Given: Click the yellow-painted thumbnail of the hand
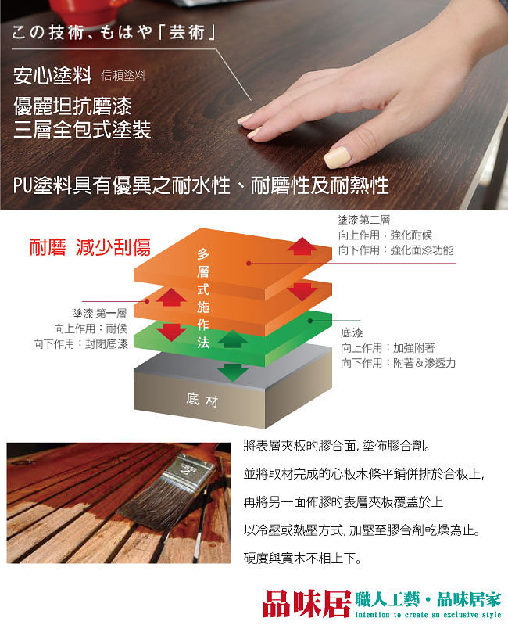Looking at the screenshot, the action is coord(337,157).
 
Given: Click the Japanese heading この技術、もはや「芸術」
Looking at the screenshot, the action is coord(113,32).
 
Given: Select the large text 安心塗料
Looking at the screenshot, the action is coord(52,75).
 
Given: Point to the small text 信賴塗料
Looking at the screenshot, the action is coord(123,75).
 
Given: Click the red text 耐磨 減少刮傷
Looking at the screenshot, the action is coord(90,247).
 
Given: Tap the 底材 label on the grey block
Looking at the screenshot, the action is coord(202,400).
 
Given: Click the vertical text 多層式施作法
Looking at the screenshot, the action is coord(203,298).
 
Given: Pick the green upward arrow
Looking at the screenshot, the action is coord(233,339).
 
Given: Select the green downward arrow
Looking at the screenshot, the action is coord(233,372).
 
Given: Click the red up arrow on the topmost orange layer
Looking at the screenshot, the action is coord(302,246).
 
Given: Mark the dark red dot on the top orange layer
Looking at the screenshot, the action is coord(249,264).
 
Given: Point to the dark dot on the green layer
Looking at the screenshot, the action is coord(310,321).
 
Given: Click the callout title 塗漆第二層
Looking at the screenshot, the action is coord(363,220).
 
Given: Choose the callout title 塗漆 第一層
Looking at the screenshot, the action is coord(99,314).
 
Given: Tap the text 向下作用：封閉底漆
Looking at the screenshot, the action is coord(80,344).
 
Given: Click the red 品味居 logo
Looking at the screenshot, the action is coord(306,604).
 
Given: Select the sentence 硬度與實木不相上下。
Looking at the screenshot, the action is coord(302,559).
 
